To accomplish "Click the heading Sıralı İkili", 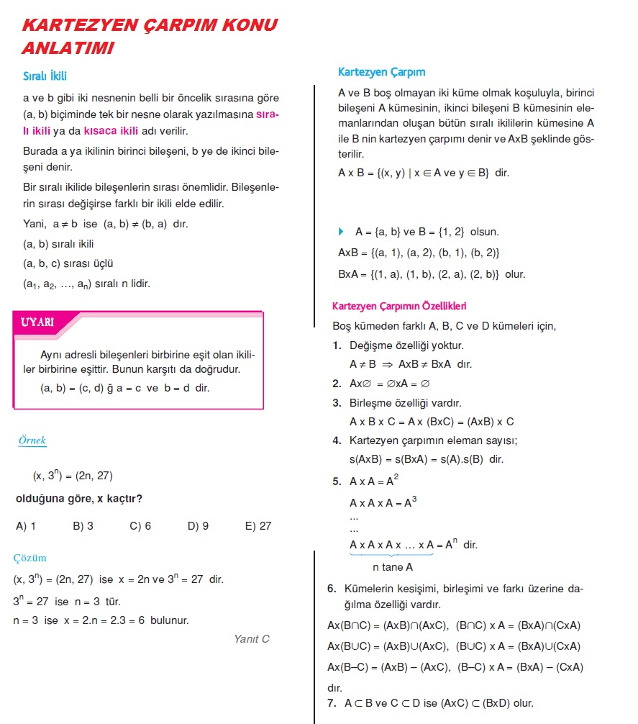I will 45,76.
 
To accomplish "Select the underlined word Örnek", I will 32,440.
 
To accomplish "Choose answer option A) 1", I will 26,526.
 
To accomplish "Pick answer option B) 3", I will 83,526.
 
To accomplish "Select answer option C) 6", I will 140,526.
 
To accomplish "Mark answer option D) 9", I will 198,526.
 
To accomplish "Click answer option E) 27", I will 258,526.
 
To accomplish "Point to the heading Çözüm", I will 30,558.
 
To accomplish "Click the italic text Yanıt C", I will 252,638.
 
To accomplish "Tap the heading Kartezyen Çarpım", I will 381,72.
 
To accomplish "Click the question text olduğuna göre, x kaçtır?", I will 78,499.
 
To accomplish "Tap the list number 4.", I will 337,440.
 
